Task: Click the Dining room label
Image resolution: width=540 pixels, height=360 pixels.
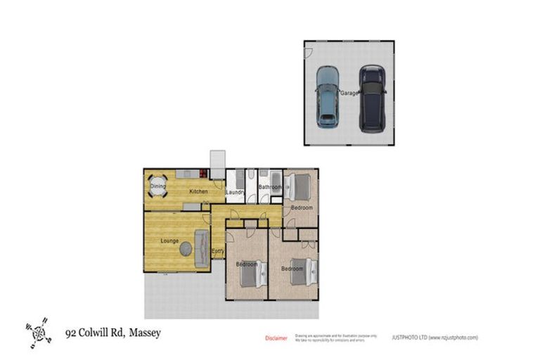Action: [x=157, y=186]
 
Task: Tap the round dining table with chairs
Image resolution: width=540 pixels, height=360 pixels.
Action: [x=158, y=187]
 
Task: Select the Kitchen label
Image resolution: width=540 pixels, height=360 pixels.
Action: [x=198, y=191]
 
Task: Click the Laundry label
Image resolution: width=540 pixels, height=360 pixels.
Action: [x=234, y=192]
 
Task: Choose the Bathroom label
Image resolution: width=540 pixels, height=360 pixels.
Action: [x=269, y=187]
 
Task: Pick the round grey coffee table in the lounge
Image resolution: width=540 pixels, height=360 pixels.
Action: [x=186, y=248]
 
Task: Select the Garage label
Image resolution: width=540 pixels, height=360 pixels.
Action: [x=349, y=93]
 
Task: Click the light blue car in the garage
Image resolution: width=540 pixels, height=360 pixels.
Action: [x=327, y=96]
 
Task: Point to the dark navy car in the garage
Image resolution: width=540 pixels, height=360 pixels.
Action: [x=372, y=98]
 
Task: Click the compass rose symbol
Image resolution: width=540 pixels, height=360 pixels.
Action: [x=38, y=332]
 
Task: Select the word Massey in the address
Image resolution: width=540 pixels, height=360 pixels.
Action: [x=145, y=333]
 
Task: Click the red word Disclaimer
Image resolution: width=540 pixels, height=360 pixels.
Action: [x=276, y=338]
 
